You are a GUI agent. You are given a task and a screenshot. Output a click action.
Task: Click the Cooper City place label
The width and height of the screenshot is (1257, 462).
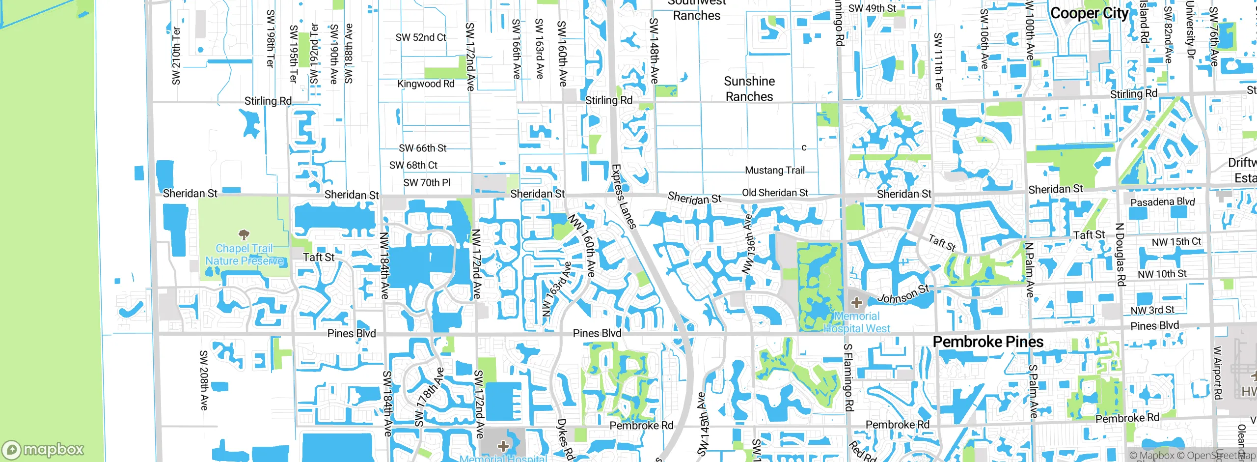click(1090, 13)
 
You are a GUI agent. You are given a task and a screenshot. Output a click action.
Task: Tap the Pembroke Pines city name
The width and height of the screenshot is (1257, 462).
click(988, 342)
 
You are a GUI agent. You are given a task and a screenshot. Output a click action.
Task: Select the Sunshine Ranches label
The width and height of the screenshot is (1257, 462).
click(749, 89)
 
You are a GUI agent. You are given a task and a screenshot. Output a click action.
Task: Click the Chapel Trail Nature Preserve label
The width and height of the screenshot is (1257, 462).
click(244, 255)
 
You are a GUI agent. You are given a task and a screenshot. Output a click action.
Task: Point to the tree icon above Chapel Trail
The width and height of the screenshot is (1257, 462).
click(244, 234)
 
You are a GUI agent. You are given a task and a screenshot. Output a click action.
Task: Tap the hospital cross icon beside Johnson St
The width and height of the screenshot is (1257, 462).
click(857, 303)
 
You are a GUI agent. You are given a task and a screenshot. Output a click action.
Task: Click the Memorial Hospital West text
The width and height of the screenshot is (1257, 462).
click(857, 322)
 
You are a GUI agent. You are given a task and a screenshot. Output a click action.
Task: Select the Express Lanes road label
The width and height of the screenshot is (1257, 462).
click(624, 197)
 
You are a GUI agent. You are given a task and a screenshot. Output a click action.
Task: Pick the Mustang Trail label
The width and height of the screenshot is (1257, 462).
click(775, 170)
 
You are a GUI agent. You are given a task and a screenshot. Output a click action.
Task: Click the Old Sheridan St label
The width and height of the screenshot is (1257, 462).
click(775, 193)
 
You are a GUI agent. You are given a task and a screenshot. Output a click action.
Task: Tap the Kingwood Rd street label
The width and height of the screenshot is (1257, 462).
click(426, 84)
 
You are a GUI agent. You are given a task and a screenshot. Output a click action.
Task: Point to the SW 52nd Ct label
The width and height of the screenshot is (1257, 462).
click(421, 37)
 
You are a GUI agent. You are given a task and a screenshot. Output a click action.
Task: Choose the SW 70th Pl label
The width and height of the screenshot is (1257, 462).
click(427, 183)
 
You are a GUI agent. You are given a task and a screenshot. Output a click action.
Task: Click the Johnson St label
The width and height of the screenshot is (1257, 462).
click(903, 294)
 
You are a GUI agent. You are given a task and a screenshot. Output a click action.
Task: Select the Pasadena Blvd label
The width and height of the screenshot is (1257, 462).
click(1162, 202)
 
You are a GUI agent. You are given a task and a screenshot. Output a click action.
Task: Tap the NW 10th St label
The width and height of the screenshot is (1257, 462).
click(1162, 274)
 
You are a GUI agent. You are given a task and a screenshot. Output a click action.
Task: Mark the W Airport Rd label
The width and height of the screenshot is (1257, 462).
click(1217, 373)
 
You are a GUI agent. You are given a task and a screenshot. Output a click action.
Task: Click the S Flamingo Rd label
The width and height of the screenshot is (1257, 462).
click(848, 377)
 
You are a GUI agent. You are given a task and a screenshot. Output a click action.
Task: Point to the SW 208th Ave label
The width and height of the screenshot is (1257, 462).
click(204, 380)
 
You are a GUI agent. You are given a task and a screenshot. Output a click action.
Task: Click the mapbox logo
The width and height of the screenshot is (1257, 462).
click(43, 449)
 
